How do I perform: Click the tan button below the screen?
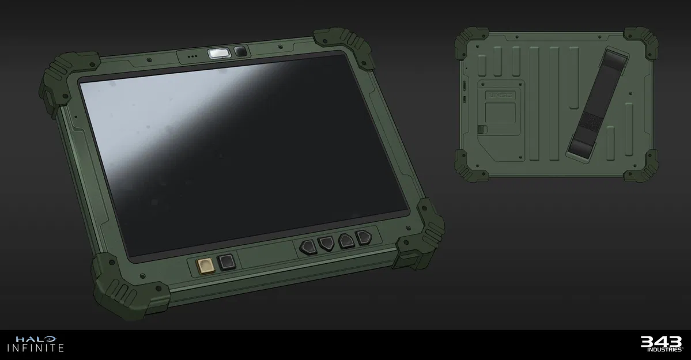point(206,265)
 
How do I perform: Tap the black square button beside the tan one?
point(226,262)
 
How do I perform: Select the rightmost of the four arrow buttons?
point(363,237)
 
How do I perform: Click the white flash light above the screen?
point(219,54)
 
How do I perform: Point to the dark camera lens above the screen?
point(240,51)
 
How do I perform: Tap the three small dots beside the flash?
point(192,57)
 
